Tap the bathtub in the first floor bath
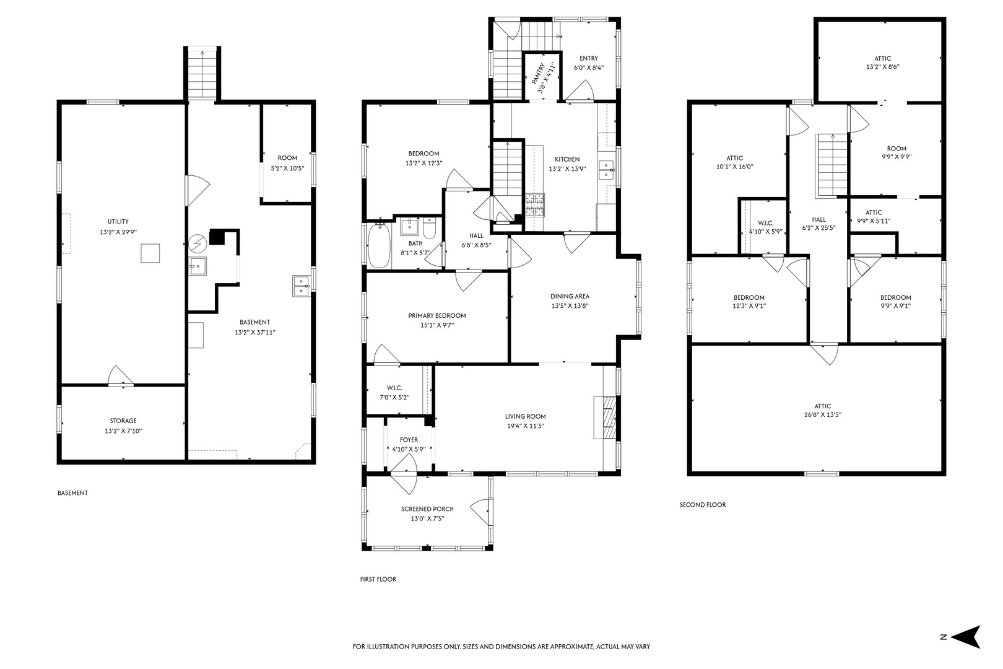click(379, 245)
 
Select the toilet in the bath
click(430, 228)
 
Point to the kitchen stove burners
click(535, 205)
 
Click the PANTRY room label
click(537, 74)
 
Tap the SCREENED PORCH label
click(427, 509)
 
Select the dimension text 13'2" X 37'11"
click(255, 333)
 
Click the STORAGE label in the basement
click(123, 421)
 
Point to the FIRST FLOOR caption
click(378, 579)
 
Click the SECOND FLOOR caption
click(703, 505)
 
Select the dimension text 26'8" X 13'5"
click(823, 415)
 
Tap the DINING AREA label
click(570, 296)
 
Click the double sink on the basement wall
click(301, 286)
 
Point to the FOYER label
click(409, 440)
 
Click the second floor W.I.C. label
click(766, 223)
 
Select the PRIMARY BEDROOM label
click(437, 316)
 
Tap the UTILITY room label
click(118, 221)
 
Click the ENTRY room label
click(588, 58)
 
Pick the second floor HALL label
click(819, 219)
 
